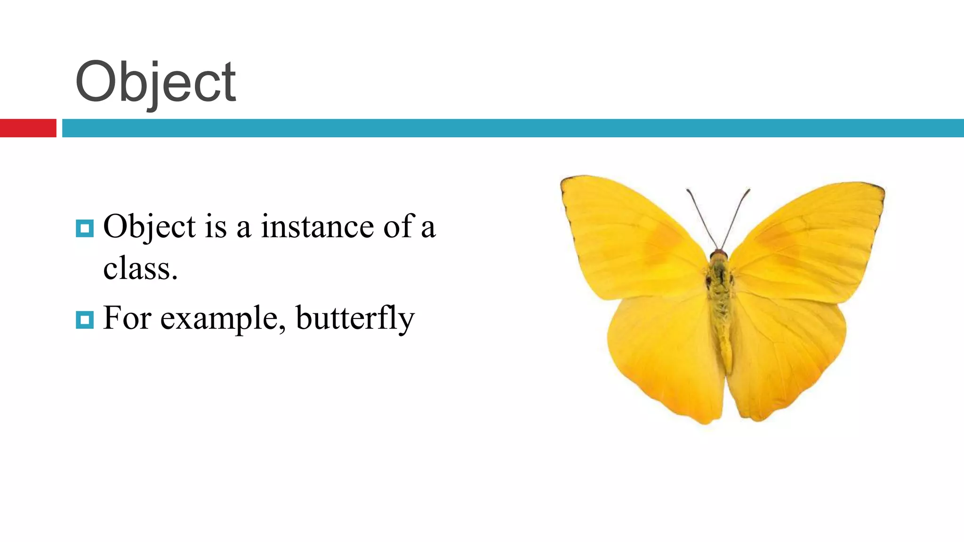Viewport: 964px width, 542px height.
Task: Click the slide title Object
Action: coord(155,82)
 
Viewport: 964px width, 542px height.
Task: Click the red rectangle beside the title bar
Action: coord(28,128)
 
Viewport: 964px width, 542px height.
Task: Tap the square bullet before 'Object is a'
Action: coord(85,229)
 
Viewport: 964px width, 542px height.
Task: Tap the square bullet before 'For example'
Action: coord(85,320)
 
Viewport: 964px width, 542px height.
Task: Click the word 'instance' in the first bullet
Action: coord(317,227)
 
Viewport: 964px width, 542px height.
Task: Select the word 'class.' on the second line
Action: coord(140,269)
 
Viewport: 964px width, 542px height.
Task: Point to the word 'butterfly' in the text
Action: coord(355,319)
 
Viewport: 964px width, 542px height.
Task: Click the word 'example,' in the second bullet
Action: coord(223,319)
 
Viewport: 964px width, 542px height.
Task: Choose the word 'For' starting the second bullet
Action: coord(127,319)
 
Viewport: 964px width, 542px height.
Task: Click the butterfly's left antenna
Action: coord(702,219)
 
